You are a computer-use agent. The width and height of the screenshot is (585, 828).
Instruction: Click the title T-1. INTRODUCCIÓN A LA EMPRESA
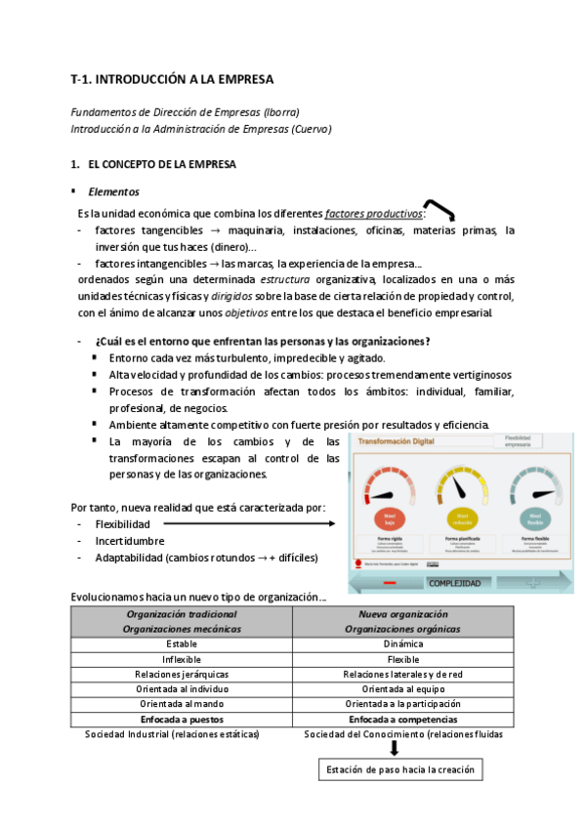point(173,78)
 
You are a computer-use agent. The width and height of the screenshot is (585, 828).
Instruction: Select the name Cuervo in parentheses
point(309,128)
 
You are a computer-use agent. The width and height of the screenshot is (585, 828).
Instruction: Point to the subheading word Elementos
point(114,192)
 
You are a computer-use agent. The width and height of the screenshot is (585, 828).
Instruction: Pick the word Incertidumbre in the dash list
point(129,541)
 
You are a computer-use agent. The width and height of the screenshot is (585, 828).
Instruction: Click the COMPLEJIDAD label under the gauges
point(454,583)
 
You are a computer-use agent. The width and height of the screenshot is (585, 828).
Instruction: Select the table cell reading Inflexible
point(182,659)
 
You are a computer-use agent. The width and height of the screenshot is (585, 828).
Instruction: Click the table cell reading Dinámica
point(402,644)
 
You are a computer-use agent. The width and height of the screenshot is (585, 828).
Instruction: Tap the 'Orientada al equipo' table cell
point(402,689)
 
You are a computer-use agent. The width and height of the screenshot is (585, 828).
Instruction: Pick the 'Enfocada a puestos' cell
point(182,719)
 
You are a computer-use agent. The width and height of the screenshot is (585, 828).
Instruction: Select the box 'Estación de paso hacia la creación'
point(401,769)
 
